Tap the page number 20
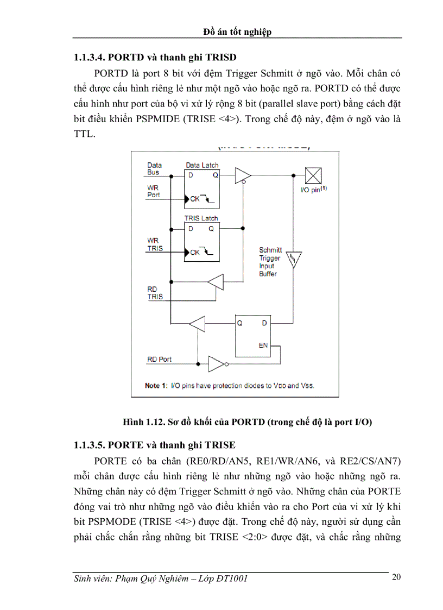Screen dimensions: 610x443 tap(396, 577)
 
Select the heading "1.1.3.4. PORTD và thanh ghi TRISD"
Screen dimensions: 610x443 tap(155, 57)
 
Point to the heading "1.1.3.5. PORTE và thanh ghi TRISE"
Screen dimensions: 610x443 tap(155, 445)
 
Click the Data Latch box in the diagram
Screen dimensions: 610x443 tap(202, 188)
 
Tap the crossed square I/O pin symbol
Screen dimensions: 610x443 tap(313, 176)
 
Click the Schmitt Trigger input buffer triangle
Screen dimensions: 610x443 tap(293, 261)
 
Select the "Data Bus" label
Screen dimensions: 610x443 tap(154, 168)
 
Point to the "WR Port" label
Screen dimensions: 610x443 tap(154, 191)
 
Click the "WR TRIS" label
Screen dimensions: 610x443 tap(155, 244)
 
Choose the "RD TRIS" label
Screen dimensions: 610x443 tap(155, 293)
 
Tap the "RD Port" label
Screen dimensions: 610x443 tap(160, 360)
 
